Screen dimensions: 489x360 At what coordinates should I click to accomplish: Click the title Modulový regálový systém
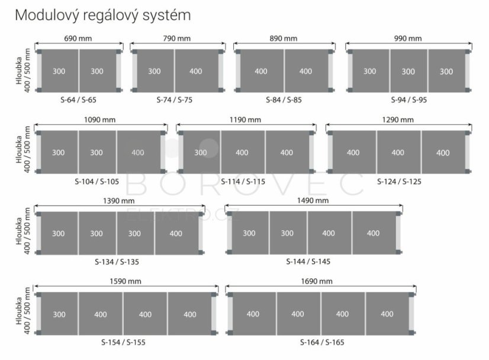(x=103, y=15)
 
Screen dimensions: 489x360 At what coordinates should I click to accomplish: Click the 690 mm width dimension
(x=78, y=38)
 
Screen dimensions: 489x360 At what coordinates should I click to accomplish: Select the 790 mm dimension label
(x=177, y=38)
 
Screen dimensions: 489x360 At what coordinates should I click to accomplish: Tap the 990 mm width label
(x=408, y=38)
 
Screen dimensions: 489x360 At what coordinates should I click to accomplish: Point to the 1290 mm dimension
(x=398, y=120)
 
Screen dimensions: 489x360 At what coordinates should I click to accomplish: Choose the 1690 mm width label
(x=317, y=281)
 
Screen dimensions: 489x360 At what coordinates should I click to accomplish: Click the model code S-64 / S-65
(x=79, y=100)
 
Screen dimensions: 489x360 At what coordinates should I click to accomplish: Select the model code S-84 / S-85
(x=284, y=100)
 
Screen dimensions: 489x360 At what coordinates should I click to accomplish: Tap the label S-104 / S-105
(x=96, y=182)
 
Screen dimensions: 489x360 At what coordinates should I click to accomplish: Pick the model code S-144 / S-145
(x=308, y=262)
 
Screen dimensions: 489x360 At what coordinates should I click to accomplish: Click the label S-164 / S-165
(x=322, y=342)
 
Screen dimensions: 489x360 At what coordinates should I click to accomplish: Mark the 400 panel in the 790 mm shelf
(x=196, y=71)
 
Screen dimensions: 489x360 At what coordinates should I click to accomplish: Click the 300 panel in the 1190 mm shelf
(x=201, y=152)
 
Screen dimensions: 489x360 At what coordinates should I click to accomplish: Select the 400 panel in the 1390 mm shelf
(x=176, y=233)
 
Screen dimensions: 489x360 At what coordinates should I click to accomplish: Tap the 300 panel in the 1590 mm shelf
(x=59, y=314)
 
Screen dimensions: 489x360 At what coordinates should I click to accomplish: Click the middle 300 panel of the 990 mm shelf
(x=408, y=71)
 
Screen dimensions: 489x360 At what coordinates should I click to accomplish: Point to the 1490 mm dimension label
(x=313, y=201)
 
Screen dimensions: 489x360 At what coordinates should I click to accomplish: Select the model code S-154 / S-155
(x=123, y=342)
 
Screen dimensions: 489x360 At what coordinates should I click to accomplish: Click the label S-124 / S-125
(x=399, y=182)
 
